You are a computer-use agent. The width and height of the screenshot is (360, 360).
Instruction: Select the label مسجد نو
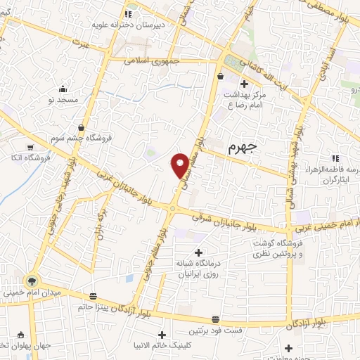(63, 100)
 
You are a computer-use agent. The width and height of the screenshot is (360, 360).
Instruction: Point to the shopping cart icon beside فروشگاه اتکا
(30, 148)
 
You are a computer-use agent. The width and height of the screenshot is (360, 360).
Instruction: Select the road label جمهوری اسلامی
(153, 61)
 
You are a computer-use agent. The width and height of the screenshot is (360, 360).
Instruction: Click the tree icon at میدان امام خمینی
(30, 281)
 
